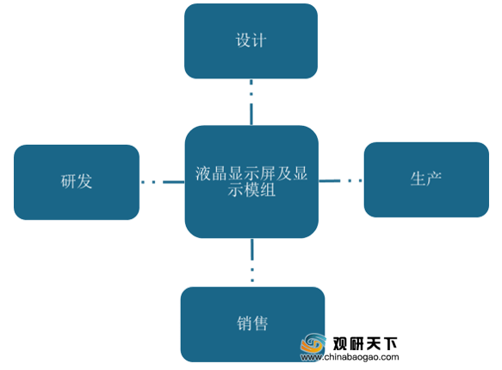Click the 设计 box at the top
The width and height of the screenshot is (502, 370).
(251, 41)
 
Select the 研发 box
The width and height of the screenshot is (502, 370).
(77, 182)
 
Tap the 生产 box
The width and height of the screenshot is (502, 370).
(426, 179)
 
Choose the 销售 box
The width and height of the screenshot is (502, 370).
(252, 324)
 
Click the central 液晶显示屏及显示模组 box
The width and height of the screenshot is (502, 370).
(251, 182)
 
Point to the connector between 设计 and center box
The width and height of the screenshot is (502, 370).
(251, 102)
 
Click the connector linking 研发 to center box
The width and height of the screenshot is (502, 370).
(163, 182)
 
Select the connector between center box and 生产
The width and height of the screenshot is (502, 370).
(341, 181)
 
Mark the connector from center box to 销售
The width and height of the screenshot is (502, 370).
(252, 260)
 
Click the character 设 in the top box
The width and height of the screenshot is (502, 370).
(243, 41)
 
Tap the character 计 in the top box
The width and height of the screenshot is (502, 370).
(258, 41)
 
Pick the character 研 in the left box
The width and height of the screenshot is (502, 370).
(69, 181)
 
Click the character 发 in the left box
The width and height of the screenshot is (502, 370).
(84, 181)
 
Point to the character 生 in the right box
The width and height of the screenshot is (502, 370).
(418, 179)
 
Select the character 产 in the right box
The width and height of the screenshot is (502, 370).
(434, 179)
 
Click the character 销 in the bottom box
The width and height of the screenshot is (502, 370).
(245, 323)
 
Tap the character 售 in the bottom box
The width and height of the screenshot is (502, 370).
(260, 323)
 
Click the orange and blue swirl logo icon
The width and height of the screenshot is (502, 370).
(313, 343)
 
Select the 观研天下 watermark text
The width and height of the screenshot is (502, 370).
(365, 344)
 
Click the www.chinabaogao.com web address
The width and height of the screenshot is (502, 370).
(350, 357)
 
